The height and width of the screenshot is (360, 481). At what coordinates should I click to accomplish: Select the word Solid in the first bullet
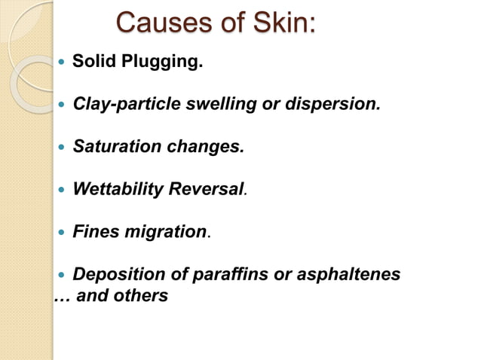click(x=93, y=60)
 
